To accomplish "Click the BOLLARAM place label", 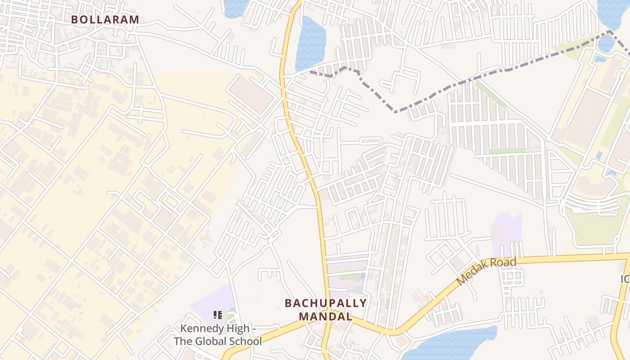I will pos(105,20).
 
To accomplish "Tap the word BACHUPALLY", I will pos(326,303).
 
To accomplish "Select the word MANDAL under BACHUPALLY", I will pos(326,316).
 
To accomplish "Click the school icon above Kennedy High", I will pos(218,315).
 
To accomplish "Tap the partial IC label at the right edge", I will pos(625,279).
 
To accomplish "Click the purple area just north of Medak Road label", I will pos(506,229).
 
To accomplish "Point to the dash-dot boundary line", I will pos(450,85).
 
